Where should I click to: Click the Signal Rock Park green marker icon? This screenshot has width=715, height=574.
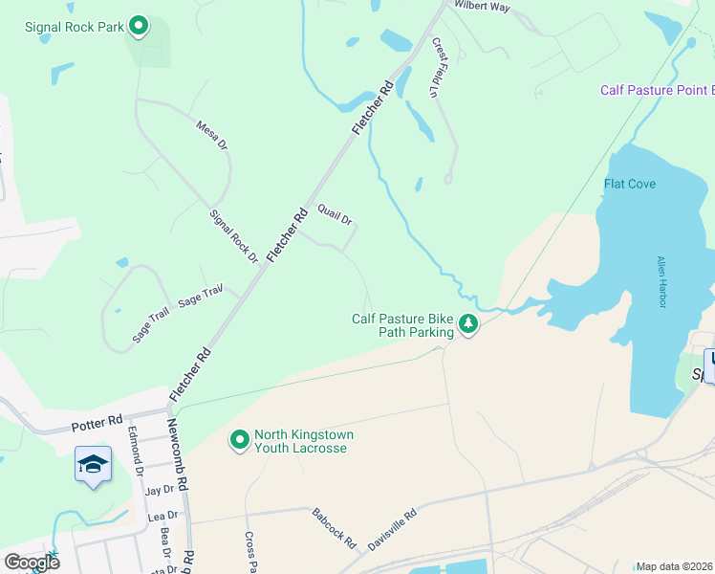tap(139, 26)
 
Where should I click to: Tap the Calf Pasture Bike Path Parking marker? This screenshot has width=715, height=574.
tap(468, 325)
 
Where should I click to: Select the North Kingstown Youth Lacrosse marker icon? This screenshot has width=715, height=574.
tap(239, 440)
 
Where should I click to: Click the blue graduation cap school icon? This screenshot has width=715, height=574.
tap(93, 465)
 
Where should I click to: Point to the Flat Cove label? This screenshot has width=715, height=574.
tap(630, 184)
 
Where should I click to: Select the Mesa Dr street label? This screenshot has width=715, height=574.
tap(212, 135)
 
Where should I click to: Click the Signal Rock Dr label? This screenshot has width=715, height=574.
tap(234, 237)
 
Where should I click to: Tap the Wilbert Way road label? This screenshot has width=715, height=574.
tap(483, 7)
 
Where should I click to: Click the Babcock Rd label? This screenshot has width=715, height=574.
tap(334, 528)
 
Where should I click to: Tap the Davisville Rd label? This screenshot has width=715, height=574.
tap(393, 528)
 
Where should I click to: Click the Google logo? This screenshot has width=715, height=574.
tap(32, 562)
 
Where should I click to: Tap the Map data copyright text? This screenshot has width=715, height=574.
tap(674, 566)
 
